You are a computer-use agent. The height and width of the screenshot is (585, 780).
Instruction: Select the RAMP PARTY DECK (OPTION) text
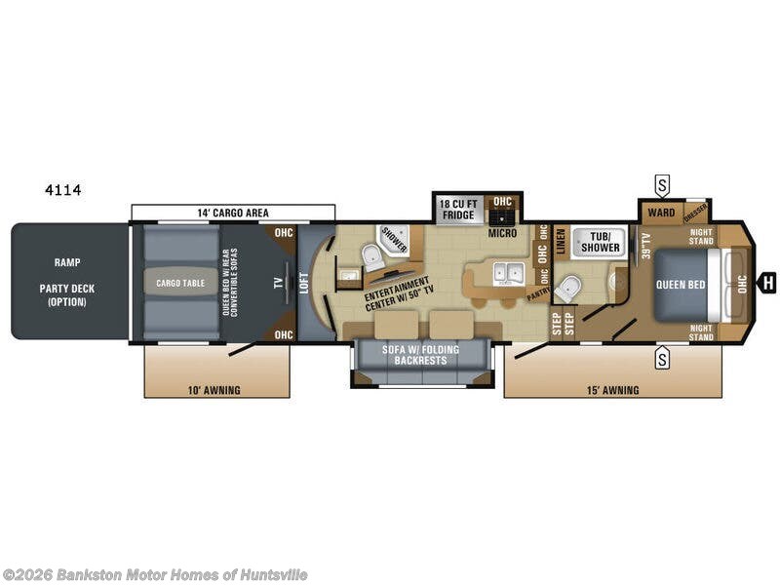[63, 282]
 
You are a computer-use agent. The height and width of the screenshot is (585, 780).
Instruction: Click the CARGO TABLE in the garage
[181, 283]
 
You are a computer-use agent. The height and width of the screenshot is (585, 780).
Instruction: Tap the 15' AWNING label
[612, 390]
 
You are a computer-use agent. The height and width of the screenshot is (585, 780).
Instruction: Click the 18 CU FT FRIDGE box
[457, 209]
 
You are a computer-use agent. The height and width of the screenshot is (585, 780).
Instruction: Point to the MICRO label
[502, 233]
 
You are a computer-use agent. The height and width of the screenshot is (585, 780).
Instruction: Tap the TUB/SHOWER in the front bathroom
[601, 242]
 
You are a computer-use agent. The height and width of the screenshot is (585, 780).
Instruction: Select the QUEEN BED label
[681, 284]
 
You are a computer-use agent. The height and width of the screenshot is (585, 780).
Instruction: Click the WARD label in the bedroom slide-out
[660, 213]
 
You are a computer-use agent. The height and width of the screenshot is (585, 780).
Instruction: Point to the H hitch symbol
[768, 283]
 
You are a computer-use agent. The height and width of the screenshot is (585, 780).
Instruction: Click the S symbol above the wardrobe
[662, 184]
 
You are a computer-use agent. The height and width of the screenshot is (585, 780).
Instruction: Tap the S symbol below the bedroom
[662, 358]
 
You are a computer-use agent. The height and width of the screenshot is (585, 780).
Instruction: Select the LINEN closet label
[561, 242]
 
